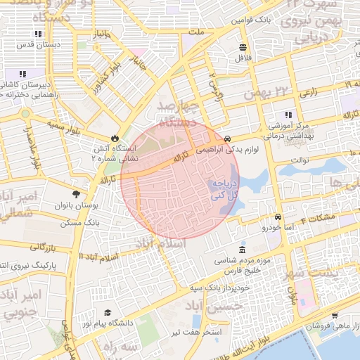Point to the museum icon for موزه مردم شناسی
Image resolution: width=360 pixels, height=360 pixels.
(x=242, y=250)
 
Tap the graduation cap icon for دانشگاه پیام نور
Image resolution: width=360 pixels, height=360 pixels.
(x=108, y=312)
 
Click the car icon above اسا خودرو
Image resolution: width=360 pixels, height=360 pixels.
(x=279, y=217)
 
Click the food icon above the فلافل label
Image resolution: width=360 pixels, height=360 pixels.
(x=243, y=47)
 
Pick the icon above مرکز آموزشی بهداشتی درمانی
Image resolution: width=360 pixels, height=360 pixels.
(x=288, y=115)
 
